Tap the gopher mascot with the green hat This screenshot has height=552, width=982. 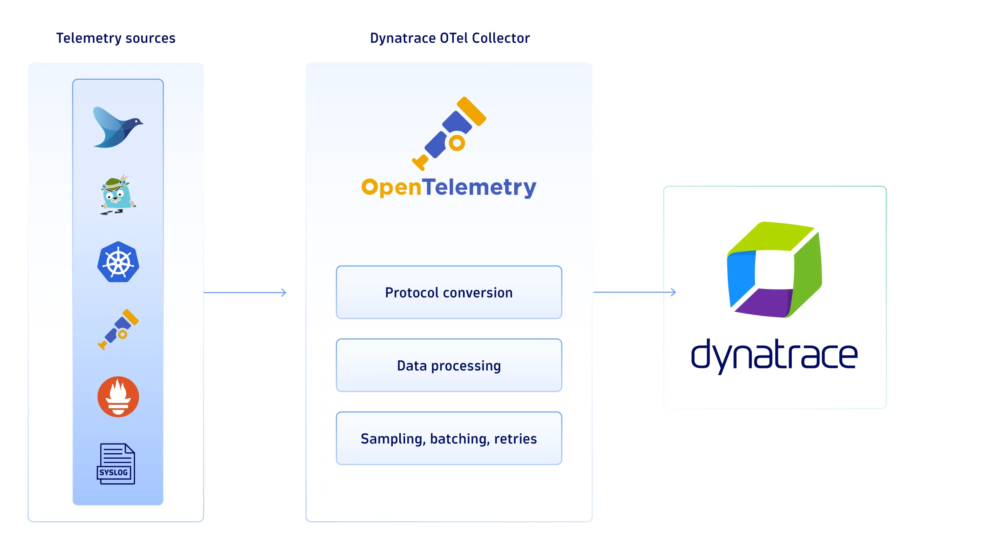click(117, 195)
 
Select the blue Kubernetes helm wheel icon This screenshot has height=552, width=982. click(118, 263)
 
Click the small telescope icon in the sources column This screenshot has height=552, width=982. click(119, 329)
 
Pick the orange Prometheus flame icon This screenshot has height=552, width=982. click(118, 397)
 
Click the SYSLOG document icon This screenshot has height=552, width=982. click(116, 464)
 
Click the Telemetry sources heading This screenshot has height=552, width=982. click(116, 38)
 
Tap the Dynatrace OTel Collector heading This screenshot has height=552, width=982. click(450, 38)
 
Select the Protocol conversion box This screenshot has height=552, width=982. click(449, 292)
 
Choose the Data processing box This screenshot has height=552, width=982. click(449, 365)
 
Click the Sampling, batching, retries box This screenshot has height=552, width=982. click(449, 439)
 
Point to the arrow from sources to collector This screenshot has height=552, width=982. click(245, 292)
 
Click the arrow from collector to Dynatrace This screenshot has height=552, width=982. click(635, 292)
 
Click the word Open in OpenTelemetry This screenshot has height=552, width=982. click(391, 188)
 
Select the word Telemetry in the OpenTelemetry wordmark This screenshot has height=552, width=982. click(479, 188)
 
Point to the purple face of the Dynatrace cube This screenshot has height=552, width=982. click(763, 303)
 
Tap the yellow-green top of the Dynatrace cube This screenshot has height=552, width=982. click(771, 236)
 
